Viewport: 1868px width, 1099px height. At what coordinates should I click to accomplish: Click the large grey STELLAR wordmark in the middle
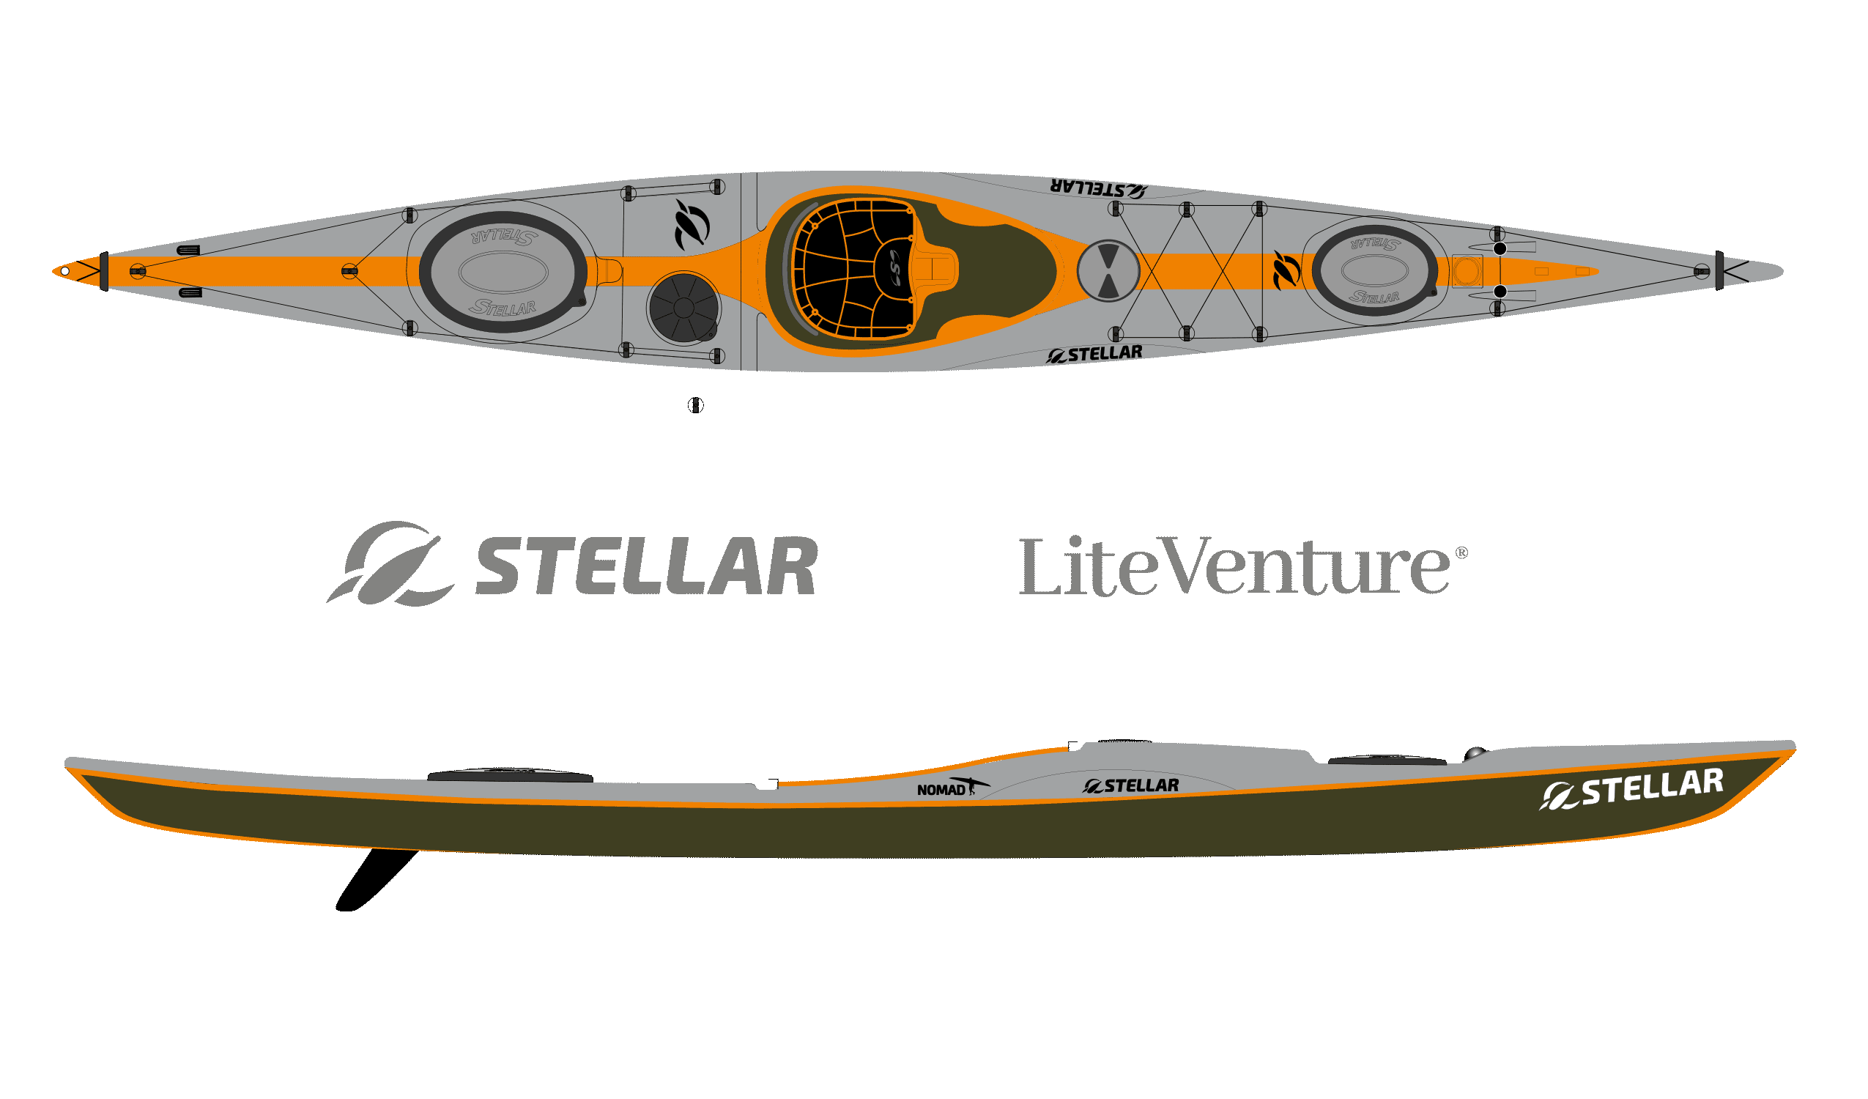pyautogui.click(x=645, y=566)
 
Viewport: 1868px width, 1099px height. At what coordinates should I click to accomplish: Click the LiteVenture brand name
pyautogui.click(x=1234, y=566)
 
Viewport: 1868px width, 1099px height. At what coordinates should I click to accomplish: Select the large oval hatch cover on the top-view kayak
pyautogui.click(x=503, y=271)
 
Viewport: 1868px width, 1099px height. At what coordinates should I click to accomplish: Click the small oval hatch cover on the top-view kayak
pyautogui.click(x=1374, y=270)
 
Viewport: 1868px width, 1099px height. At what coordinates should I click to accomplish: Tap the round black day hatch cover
pyautogui.click(x=683, y=308)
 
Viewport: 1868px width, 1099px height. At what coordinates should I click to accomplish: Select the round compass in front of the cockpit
pyautogui.click(x=1108, y=270)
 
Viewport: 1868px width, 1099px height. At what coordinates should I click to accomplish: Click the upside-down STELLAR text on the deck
pyautogui.click(x=1098, y=188)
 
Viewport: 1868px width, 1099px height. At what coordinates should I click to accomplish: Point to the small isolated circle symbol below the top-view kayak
pyautogui.click(x=695, y=405)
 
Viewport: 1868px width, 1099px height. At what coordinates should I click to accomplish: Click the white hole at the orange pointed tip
pyautogui.click(x=65, y=271)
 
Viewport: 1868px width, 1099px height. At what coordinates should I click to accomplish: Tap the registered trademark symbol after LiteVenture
pyautogui.click(x=1461, y=552)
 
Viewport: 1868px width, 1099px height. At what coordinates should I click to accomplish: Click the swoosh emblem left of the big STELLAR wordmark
pyautogui.click(x=390, y=563)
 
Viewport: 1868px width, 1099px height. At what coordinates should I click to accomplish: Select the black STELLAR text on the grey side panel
pyautogui.click(x=1130, y=785)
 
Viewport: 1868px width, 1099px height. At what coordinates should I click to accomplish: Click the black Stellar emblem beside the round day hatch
pyautogui.click(x=692, y=225)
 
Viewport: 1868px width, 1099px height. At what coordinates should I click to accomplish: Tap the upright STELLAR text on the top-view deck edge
pyautogui.click(x=1094, y=355)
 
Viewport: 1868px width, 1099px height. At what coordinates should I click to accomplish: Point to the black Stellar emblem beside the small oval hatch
pyautogui.click(x=1286, y=270)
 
